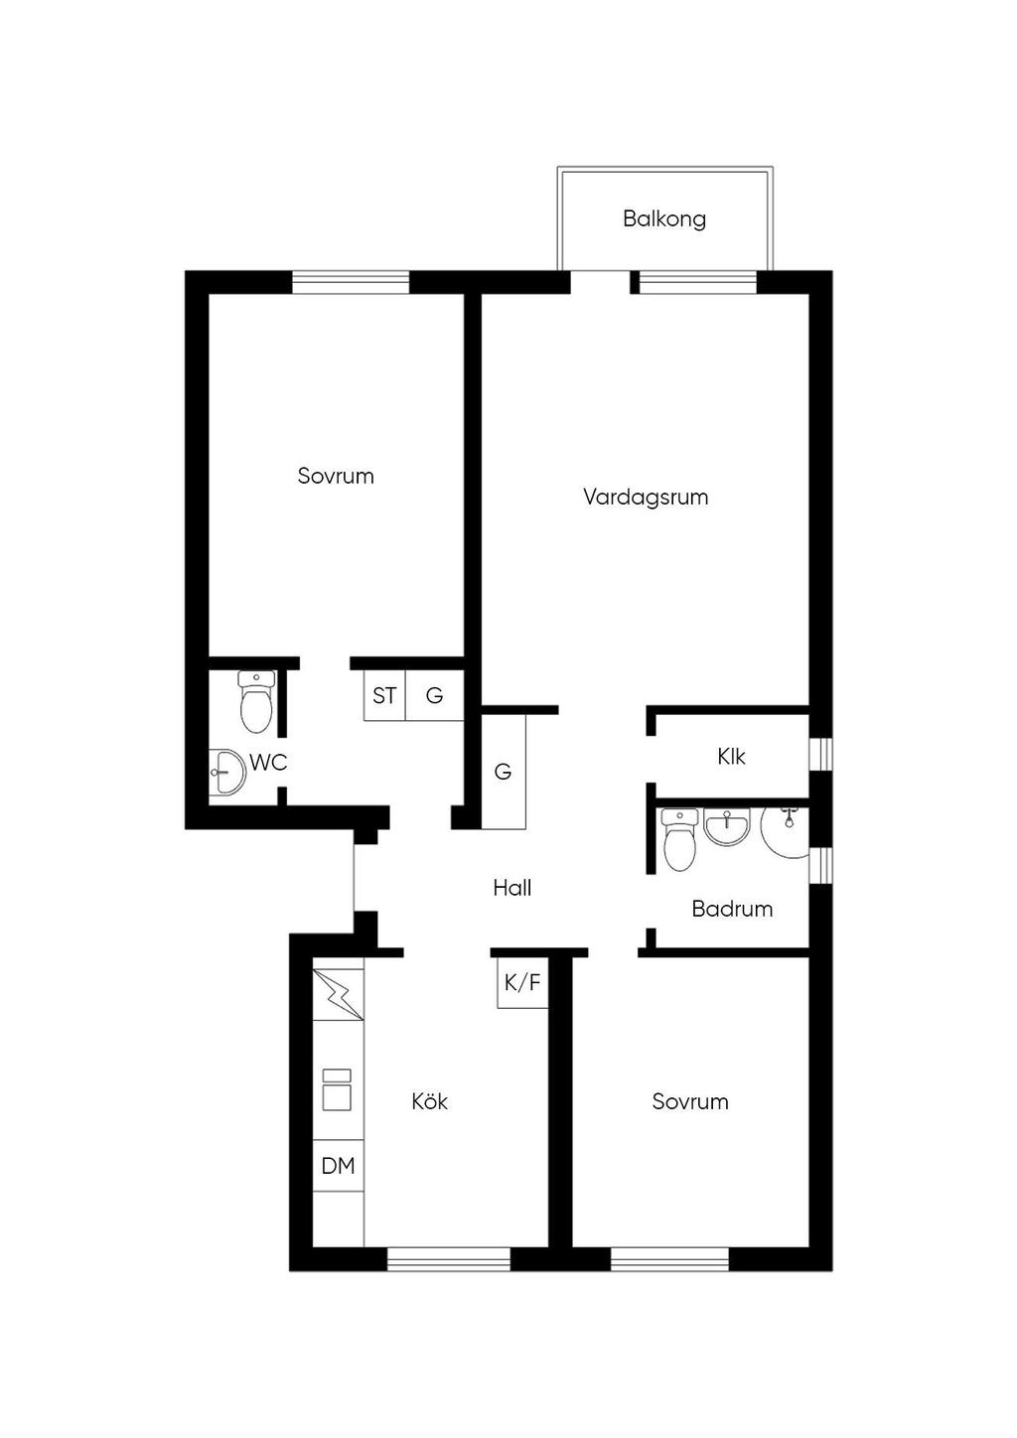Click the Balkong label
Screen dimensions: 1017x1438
663,219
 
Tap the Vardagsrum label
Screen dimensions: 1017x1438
646,498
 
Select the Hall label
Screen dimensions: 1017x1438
511,888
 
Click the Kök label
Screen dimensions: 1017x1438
429,1101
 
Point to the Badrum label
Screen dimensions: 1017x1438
732,909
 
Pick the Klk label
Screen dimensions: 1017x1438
731,756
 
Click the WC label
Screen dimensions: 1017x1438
268,763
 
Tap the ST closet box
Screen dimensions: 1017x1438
384,695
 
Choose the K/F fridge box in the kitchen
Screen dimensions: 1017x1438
522,982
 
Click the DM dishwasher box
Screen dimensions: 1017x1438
339,1165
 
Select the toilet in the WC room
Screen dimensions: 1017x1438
256,702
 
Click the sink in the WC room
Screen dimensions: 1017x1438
227,771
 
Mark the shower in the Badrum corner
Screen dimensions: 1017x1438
785,832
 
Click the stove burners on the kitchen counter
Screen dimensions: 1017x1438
337,1089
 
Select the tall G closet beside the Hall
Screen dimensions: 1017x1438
504,771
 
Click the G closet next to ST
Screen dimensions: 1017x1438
435,695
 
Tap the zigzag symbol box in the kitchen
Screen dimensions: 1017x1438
339,994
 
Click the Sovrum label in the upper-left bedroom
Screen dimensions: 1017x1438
335,476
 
